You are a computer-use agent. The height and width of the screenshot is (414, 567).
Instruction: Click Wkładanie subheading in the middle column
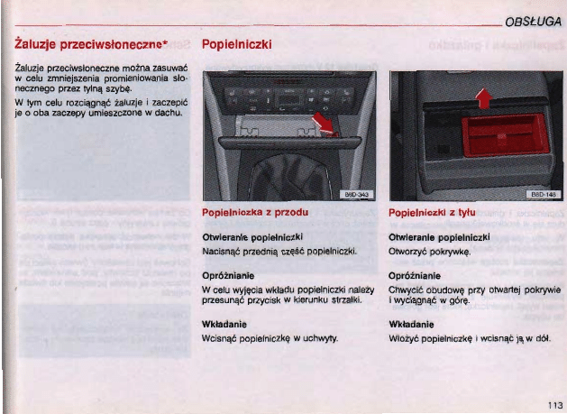coord(228,322)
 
